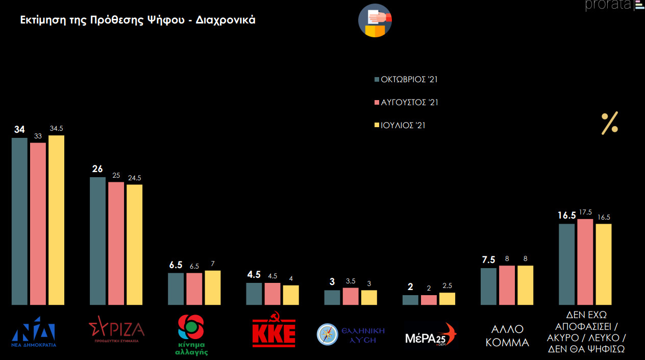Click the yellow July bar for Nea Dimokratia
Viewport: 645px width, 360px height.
tap(56, 220)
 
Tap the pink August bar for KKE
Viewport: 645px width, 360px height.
tap(272, 294)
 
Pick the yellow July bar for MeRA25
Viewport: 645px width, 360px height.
tap(447, 299)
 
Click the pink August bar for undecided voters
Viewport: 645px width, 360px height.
tap(585, 262)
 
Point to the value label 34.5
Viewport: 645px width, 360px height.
tap(56, 129)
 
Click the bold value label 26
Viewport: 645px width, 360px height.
tap(97, 170)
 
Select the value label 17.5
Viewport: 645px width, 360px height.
tap(585, 212)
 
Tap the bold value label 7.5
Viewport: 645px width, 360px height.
tap(488, 260)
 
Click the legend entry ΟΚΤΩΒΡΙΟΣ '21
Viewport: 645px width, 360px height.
tap(406, 79)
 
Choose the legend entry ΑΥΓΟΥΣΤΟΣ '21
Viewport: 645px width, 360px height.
tap(406, 102)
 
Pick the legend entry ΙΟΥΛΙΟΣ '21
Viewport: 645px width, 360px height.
tap(400, 125)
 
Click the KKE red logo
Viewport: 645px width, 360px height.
tap(274, 333)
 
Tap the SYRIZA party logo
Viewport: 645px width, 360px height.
tap(116, 329)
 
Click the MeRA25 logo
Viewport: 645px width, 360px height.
tap(430, 334)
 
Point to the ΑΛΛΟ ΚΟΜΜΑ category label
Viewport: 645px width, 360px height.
tap(507, 335)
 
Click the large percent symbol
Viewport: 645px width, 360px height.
tap(609, 123)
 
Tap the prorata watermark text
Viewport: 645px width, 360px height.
tap(608, 6)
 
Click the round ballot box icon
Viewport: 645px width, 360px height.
tap(375, 21)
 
